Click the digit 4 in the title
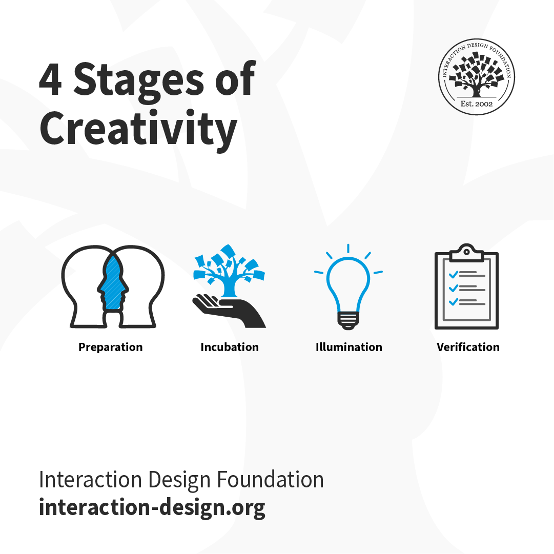point(50,80)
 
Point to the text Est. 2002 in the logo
point(477,104)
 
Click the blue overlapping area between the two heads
point(113,284)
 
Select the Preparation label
point(110,347)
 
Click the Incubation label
point(230,347)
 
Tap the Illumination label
point(348,347)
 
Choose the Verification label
point(468,347)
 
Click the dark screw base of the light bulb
point(348,320)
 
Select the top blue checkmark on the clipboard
point(453,274)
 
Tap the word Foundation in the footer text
point(270,480)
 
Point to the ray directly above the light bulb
point(348,249)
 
